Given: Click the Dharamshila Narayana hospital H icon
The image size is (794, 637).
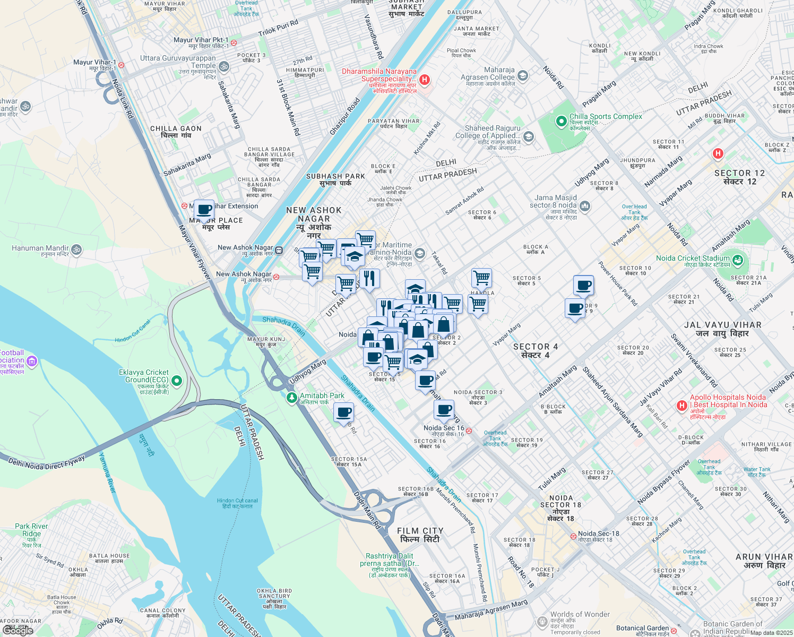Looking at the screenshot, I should click(424, 80).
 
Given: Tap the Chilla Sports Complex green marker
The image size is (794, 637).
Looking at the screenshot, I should click(561, 122).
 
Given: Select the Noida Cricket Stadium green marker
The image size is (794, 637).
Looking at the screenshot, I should click(738, 260).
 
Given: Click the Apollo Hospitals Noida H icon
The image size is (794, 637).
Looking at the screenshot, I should click(682, 406).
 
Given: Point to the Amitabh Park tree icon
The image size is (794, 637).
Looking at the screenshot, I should click(291, 398).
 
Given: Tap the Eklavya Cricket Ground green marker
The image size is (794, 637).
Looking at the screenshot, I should click(177, 381).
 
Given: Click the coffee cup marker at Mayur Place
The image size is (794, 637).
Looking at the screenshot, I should click(204, 210).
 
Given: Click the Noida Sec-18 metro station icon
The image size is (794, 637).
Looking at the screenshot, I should click(573, 536).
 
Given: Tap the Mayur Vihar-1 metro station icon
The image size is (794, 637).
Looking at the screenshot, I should click(121, 65).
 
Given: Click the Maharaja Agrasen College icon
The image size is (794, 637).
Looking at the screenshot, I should click(522, 76).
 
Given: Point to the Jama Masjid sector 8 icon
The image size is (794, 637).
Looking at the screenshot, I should click(585, 205).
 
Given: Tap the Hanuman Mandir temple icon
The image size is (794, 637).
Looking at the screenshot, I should click(76, 249).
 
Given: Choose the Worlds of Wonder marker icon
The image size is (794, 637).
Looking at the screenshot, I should click(542, 621).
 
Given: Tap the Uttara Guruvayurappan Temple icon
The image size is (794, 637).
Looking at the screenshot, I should click(224, 66).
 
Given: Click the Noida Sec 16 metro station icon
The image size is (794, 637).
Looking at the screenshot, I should click(469, 431).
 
